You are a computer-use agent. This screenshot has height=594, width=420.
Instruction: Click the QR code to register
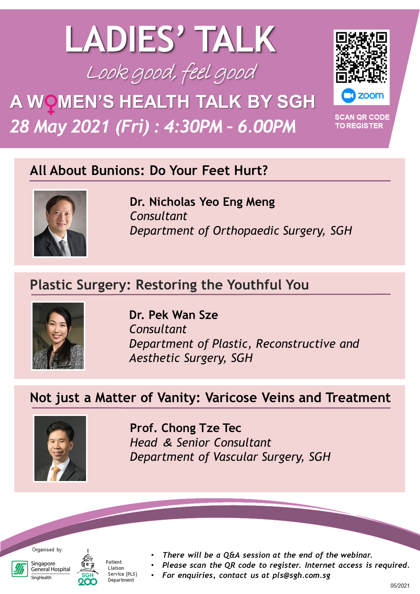coord(361,57)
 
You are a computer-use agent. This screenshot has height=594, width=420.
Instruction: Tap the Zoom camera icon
coord(348,96)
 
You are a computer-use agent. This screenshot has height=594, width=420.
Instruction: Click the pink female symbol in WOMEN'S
coord(50,104)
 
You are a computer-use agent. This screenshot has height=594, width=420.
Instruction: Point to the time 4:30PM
coord(193,126)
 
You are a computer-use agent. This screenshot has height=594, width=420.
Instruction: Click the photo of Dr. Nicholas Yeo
coord(60,223)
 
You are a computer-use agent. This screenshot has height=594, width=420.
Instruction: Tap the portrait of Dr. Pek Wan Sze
coord(58,336)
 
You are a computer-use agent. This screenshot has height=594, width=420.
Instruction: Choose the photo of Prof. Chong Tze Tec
coord(60,448)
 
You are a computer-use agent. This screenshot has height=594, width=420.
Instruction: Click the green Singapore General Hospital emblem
coord(19,569)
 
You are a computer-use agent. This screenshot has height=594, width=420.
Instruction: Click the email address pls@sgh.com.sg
coord(301,576)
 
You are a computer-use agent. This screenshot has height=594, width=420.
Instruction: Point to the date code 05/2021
coord(400,585)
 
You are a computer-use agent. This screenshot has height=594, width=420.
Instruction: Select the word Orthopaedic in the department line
coord(246,231)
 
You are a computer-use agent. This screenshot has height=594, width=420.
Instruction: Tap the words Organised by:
coord(47,550)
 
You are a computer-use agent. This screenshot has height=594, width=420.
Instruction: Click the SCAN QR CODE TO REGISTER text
coord(362,122)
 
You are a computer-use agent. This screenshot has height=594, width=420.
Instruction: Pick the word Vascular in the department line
coord(236,457)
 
